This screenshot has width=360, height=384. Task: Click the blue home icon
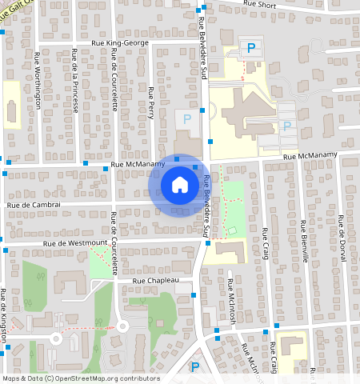(180, 186)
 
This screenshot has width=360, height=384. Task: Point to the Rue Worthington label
(38, 79)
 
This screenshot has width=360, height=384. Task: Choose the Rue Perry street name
(150, 103)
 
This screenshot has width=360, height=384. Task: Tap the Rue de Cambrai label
(34, 205)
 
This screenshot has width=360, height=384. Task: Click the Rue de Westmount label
(76, 242)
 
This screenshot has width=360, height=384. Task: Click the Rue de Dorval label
(342, 233)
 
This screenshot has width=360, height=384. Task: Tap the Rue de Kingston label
(4, 314)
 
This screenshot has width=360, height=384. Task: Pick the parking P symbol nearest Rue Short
(251, 48)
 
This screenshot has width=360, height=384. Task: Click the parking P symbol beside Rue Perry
(187, 119)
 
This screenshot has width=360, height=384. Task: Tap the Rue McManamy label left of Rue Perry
(138, 164)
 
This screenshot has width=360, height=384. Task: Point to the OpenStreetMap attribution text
(80, 378)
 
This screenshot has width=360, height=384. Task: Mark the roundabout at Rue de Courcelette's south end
(122, 326)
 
